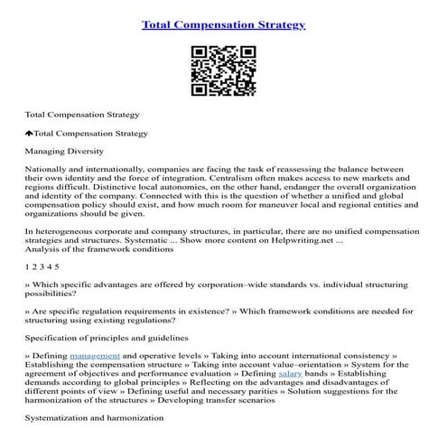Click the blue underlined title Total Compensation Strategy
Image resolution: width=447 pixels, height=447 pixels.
click(x=223, y=23)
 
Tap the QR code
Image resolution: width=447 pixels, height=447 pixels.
click(x=223, y=70)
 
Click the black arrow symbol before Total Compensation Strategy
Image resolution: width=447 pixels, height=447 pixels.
click(x=28, y=133)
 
